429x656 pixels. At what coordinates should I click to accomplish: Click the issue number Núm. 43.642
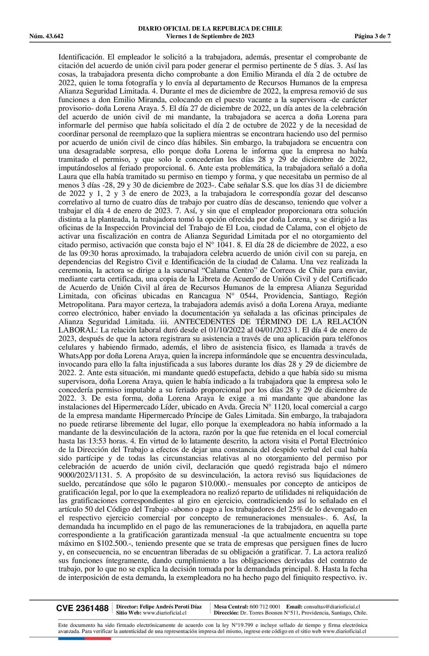[46, 36]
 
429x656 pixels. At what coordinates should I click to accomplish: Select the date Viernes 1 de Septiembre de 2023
[210, 36]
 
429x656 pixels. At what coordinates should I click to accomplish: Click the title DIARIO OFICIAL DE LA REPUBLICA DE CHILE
[210, 29]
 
